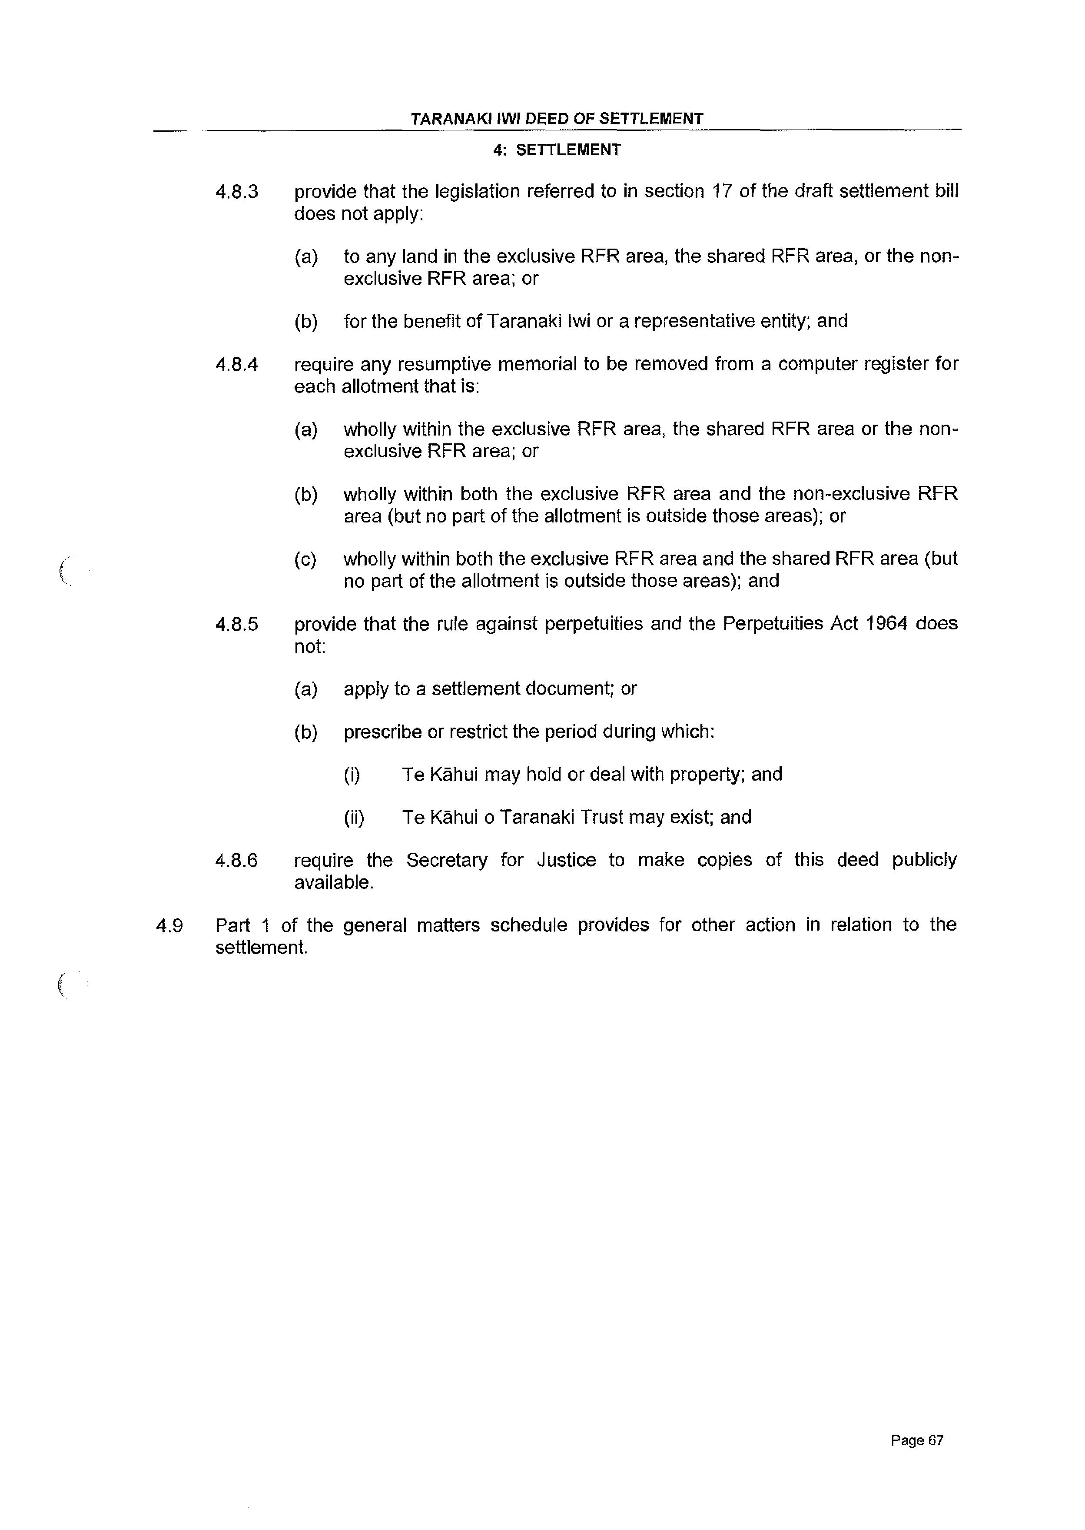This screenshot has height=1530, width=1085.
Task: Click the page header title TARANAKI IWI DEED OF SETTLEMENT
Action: pyautogui.click(x=557, y=119)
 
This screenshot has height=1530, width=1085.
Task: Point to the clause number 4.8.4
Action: pyautogui.click(x=236, y=365)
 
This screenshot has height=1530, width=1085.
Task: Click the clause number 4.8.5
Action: pyautogui.click(x=236, y=625)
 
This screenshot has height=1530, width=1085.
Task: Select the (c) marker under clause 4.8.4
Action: pyautogui.click(x=305, y=560)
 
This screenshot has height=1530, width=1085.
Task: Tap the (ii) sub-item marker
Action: pyautogui.click(x=354, y=818)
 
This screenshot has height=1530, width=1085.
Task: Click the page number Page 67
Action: pyautogui.click(x=917, y=1440)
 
